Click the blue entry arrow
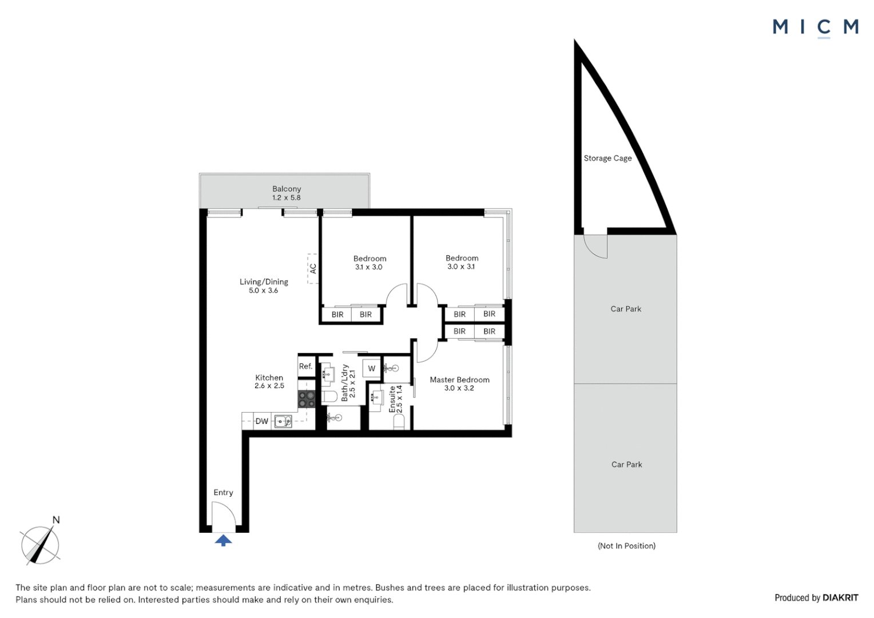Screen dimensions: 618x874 click(x=223, y=540)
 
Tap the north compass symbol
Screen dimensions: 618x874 click(x=40, y=545)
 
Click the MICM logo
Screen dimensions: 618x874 click(x=815, y=27)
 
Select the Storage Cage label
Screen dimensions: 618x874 click(x=607, y=159)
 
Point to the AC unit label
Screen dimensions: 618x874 click(x=313, y=268)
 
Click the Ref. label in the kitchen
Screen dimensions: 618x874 click(x=306, y=366)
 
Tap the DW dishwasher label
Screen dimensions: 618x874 click(x=262, y=421)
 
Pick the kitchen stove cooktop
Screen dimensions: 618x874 click(x=307, y=399)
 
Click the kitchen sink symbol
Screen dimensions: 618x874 click(x=283, y=422)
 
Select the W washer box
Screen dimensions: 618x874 click(x=372, y=369)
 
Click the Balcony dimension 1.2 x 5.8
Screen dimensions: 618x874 click(x=286, y=197)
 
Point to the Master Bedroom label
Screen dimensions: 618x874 click(x=459, y=379)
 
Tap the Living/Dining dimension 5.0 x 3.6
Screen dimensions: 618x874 click(x=263, y=291)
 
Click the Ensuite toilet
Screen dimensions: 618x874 click(x=399, y=421)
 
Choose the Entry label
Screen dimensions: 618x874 click(x=223, y=492)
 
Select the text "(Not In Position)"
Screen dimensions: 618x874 click(x=626, y=546)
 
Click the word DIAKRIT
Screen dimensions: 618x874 click(x=840, y=598)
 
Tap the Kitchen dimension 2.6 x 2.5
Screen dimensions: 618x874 click(x=269, y=386)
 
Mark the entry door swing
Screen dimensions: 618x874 click(x=224, y=514)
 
